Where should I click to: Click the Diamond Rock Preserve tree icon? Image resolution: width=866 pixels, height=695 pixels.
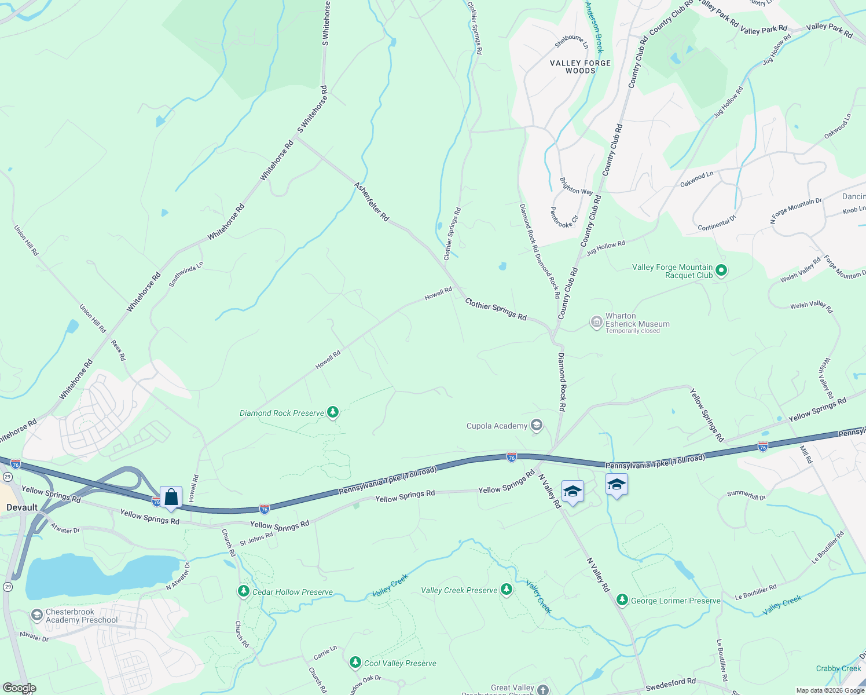click(x=332, y=412)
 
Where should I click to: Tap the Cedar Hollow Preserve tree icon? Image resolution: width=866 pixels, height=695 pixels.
click(x=244, y=591)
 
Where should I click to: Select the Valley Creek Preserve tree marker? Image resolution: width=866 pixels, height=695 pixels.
click(x=507, y=590)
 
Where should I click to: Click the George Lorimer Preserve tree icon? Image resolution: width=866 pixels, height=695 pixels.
click(x=622, y=600)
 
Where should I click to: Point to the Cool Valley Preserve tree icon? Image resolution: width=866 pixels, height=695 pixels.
click(x=355, y=663)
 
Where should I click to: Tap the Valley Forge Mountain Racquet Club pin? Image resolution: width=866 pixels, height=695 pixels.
click(x=721, y=270)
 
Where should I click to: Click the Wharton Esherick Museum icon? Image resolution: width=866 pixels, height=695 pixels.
click(x=596, y=322)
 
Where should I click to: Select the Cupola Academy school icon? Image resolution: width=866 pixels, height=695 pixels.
click(x=537, y=426)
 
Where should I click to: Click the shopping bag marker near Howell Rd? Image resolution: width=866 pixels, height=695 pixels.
click(x=171, y=498)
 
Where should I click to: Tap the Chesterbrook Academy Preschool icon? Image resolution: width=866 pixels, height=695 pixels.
click(x=37, y=615)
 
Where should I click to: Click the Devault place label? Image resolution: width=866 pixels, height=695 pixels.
click(x=22, y=507)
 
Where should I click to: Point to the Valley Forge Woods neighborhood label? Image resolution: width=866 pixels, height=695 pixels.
click(x=580, y=67)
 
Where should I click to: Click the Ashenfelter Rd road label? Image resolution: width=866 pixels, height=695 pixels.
click(x=372, y=202)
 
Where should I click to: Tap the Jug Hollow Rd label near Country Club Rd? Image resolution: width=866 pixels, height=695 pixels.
click(x=606, y=248)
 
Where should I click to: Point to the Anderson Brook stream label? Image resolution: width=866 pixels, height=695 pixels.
click(x=595, y=27)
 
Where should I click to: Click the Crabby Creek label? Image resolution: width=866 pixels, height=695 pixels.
click(x=838, y=668)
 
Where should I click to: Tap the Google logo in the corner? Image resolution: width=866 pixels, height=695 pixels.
click(x=20, y=688)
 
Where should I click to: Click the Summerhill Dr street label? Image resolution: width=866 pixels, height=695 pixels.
click(x=746, y=495)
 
